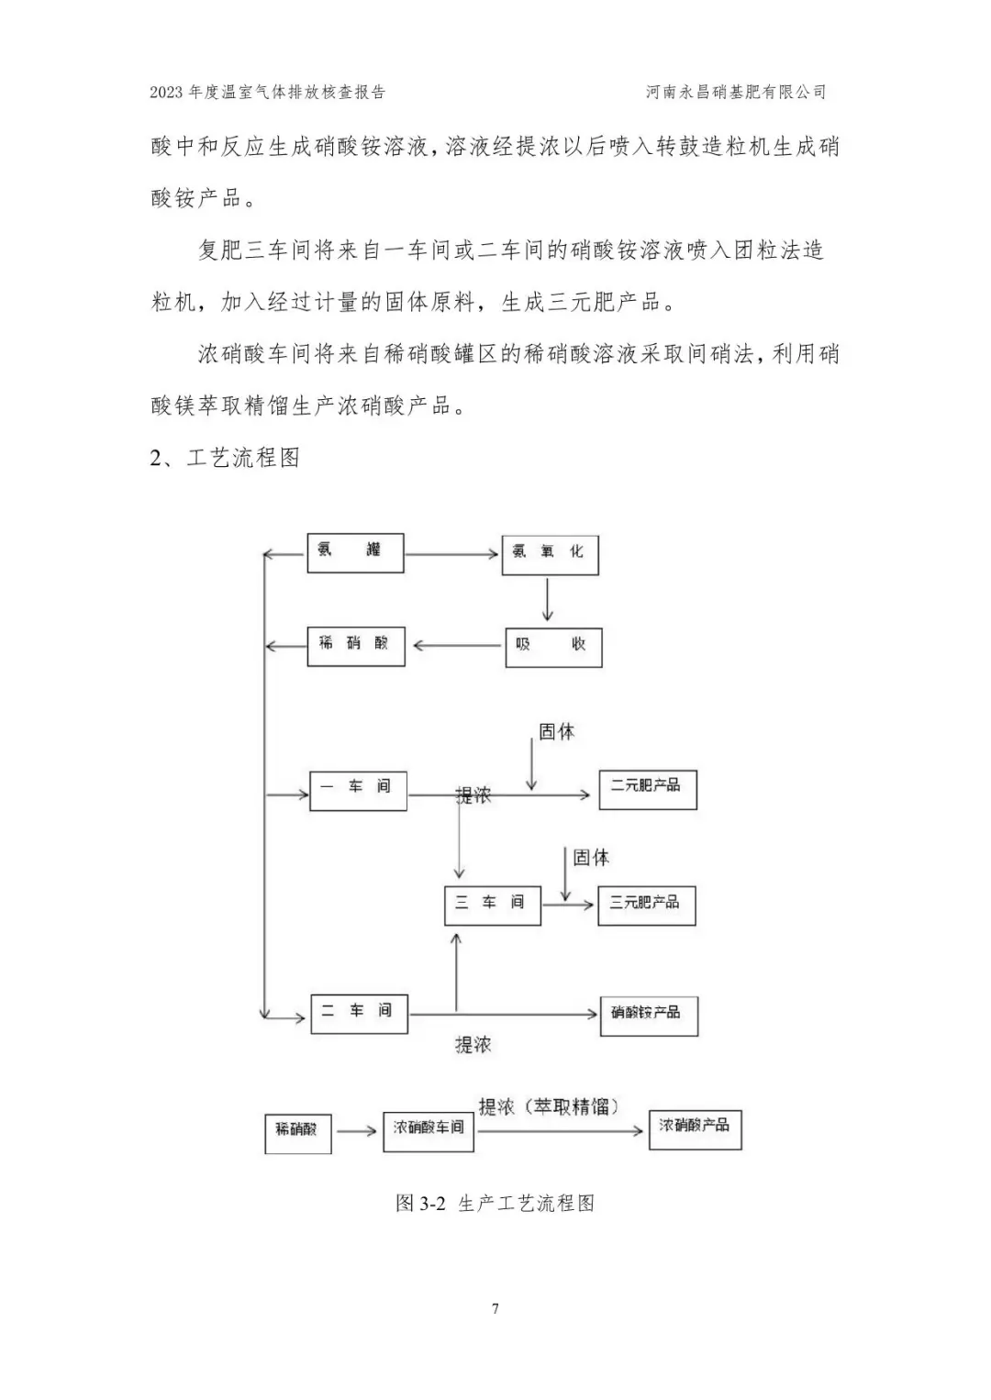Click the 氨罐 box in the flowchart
(355, 552)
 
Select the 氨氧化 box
(551, 555)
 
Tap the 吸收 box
(554, 648)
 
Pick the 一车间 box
(358, 791)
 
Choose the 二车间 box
(360, 1014)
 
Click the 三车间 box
(493, 906)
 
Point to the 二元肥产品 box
(649, 790)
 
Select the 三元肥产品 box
(647, 906)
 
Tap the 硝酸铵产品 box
(650, 1017)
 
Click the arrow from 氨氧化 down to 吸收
(548, 599)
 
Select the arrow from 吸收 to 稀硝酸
(458, 646)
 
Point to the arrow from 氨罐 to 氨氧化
(451, 554)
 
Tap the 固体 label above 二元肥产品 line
(556, 732)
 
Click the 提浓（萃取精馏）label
(550, 1106)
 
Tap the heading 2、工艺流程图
(225, 458)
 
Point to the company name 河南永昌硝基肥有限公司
(736, 93)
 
